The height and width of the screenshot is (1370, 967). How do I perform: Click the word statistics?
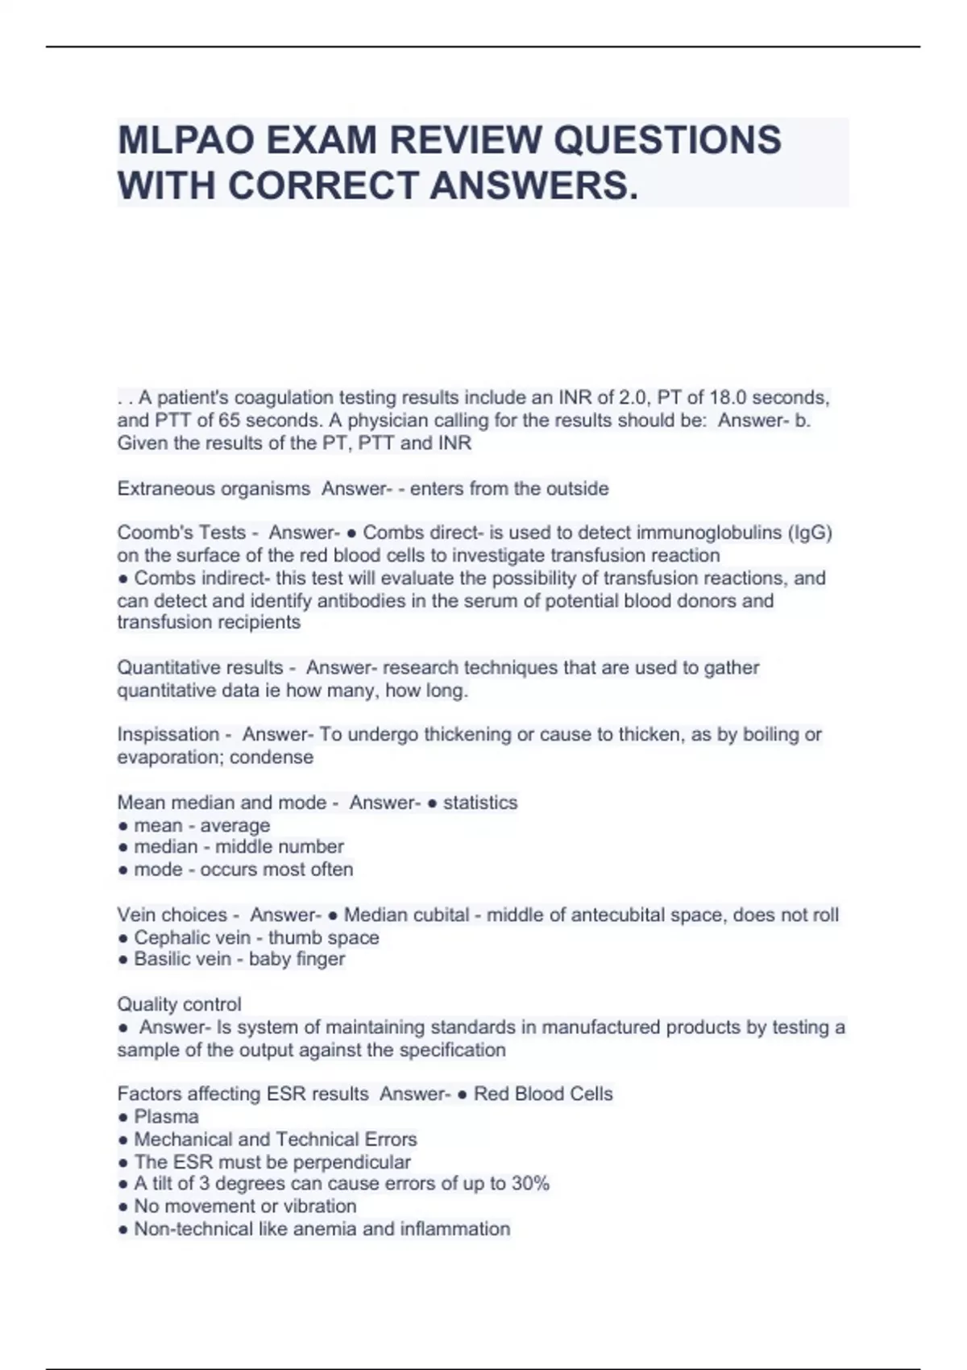pos(480,803)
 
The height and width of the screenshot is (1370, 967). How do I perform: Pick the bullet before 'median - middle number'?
pos(122,847)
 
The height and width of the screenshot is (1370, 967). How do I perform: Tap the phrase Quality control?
pos(179,1005)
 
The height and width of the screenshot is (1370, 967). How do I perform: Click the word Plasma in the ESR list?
pos(166,1117)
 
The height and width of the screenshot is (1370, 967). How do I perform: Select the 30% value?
pos(530,1184)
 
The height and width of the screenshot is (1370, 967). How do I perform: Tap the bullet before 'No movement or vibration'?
pos(122,1206)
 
